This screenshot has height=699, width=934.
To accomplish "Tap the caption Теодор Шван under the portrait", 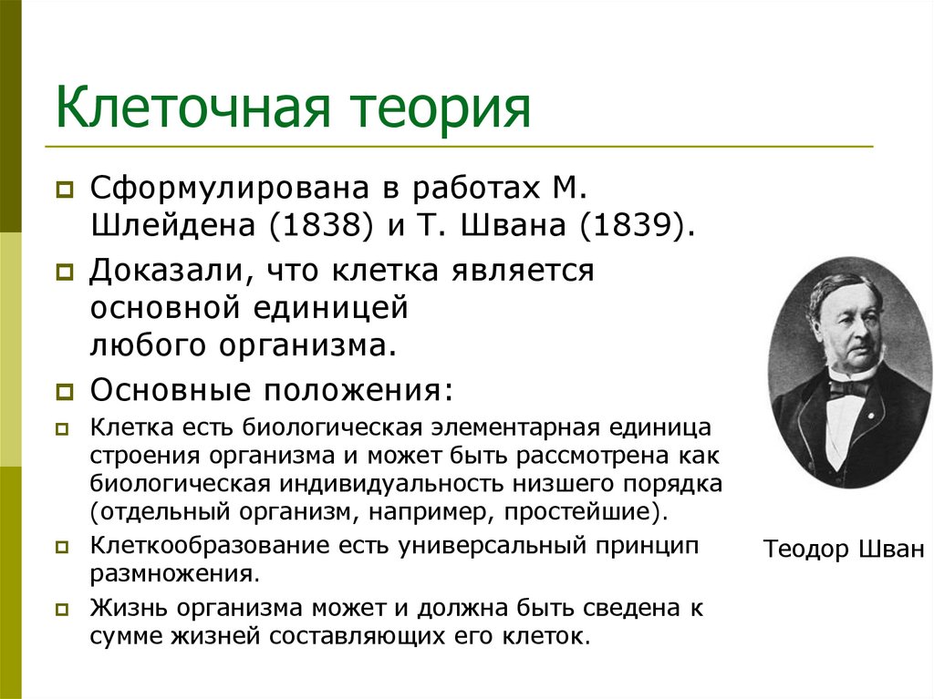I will pos(844,549).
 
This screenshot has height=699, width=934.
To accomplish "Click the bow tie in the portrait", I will pos(848,386).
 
